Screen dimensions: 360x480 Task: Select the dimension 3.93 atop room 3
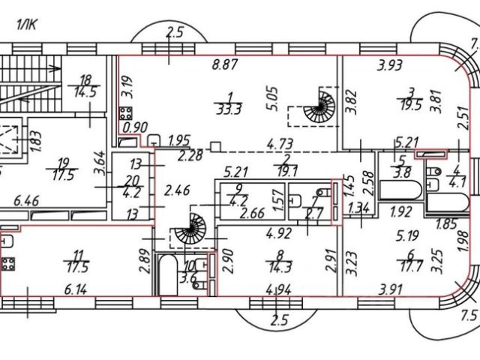389,65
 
